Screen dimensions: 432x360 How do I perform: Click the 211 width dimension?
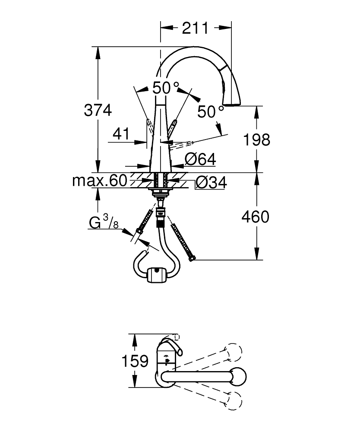tap(195, 29)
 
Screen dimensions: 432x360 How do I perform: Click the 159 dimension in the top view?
tap(135, 361)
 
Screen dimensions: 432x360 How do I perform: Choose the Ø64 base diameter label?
tap(200, 159)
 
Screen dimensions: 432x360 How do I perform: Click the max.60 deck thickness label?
tap(100, 181)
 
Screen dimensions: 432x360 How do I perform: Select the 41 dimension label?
tap(121, 134)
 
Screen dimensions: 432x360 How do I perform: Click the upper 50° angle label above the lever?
tap(165, 88)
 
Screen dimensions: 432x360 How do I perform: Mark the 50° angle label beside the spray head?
tap(211, 112)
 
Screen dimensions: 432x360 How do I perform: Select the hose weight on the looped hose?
tap(156, 275)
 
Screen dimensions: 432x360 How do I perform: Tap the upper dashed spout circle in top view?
tap(233, 351)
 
